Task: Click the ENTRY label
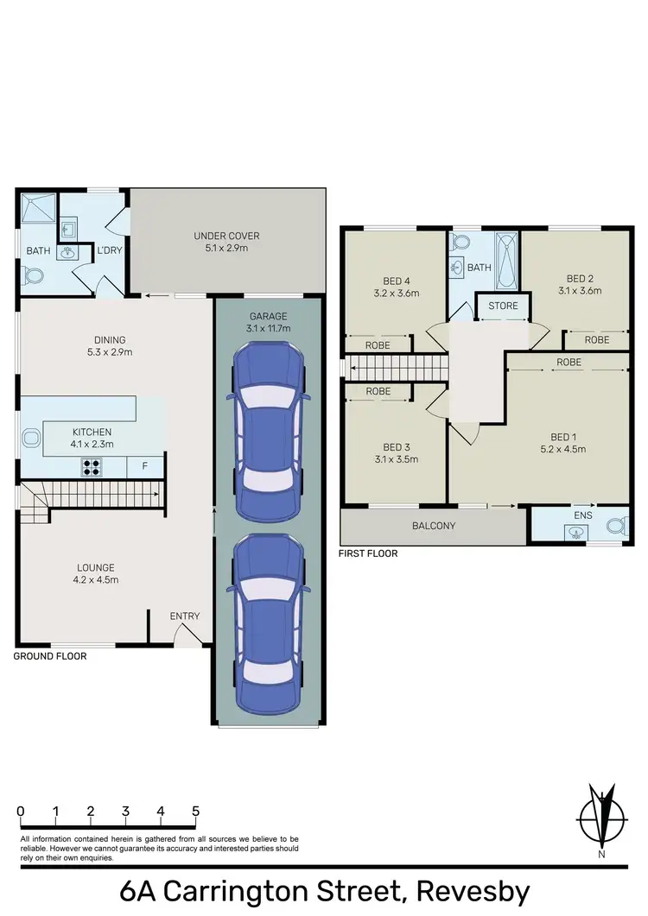(x=185, y=616)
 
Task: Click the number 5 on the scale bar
(x=196, y=812)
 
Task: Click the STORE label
(x=503, y=306)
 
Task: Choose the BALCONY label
(x=434, y=526)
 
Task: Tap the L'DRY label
(x=110, y=250)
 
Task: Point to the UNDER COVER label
(x=226, y=236)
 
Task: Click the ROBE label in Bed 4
(x=378, y=344)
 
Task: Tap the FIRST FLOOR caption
(x=369, y=553)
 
